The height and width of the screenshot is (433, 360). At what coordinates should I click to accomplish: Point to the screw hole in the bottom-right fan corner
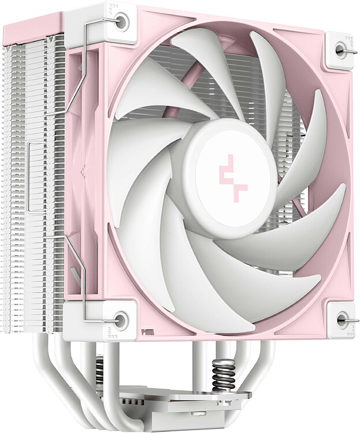[x=340, y=318]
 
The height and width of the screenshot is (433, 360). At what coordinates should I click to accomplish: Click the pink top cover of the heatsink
[x=35, y=29]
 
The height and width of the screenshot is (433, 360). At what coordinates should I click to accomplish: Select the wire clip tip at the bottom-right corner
[x=353, y=319]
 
